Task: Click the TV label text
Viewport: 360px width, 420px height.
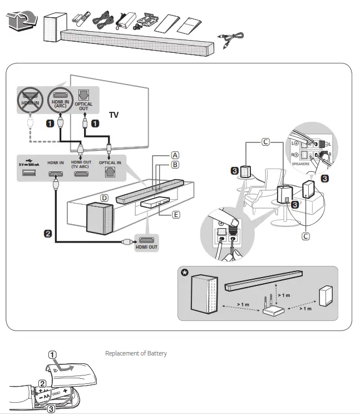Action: [x=114, y=115]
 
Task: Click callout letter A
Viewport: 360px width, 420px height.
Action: [x=175, y=155]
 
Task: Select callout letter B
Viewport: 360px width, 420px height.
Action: [x=175, y=165]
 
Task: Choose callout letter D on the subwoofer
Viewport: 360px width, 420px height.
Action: [x=103, y=197]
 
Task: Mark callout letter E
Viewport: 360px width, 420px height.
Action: [x=176, y=214]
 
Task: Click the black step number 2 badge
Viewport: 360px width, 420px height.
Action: [x=49, y=234]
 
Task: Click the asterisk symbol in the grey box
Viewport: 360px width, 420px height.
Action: [x=185, y=273]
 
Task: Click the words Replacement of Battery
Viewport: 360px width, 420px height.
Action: [x=136, y=353]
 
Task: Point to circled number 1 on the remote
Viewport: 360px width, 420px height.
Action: [x=52, y=355]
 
